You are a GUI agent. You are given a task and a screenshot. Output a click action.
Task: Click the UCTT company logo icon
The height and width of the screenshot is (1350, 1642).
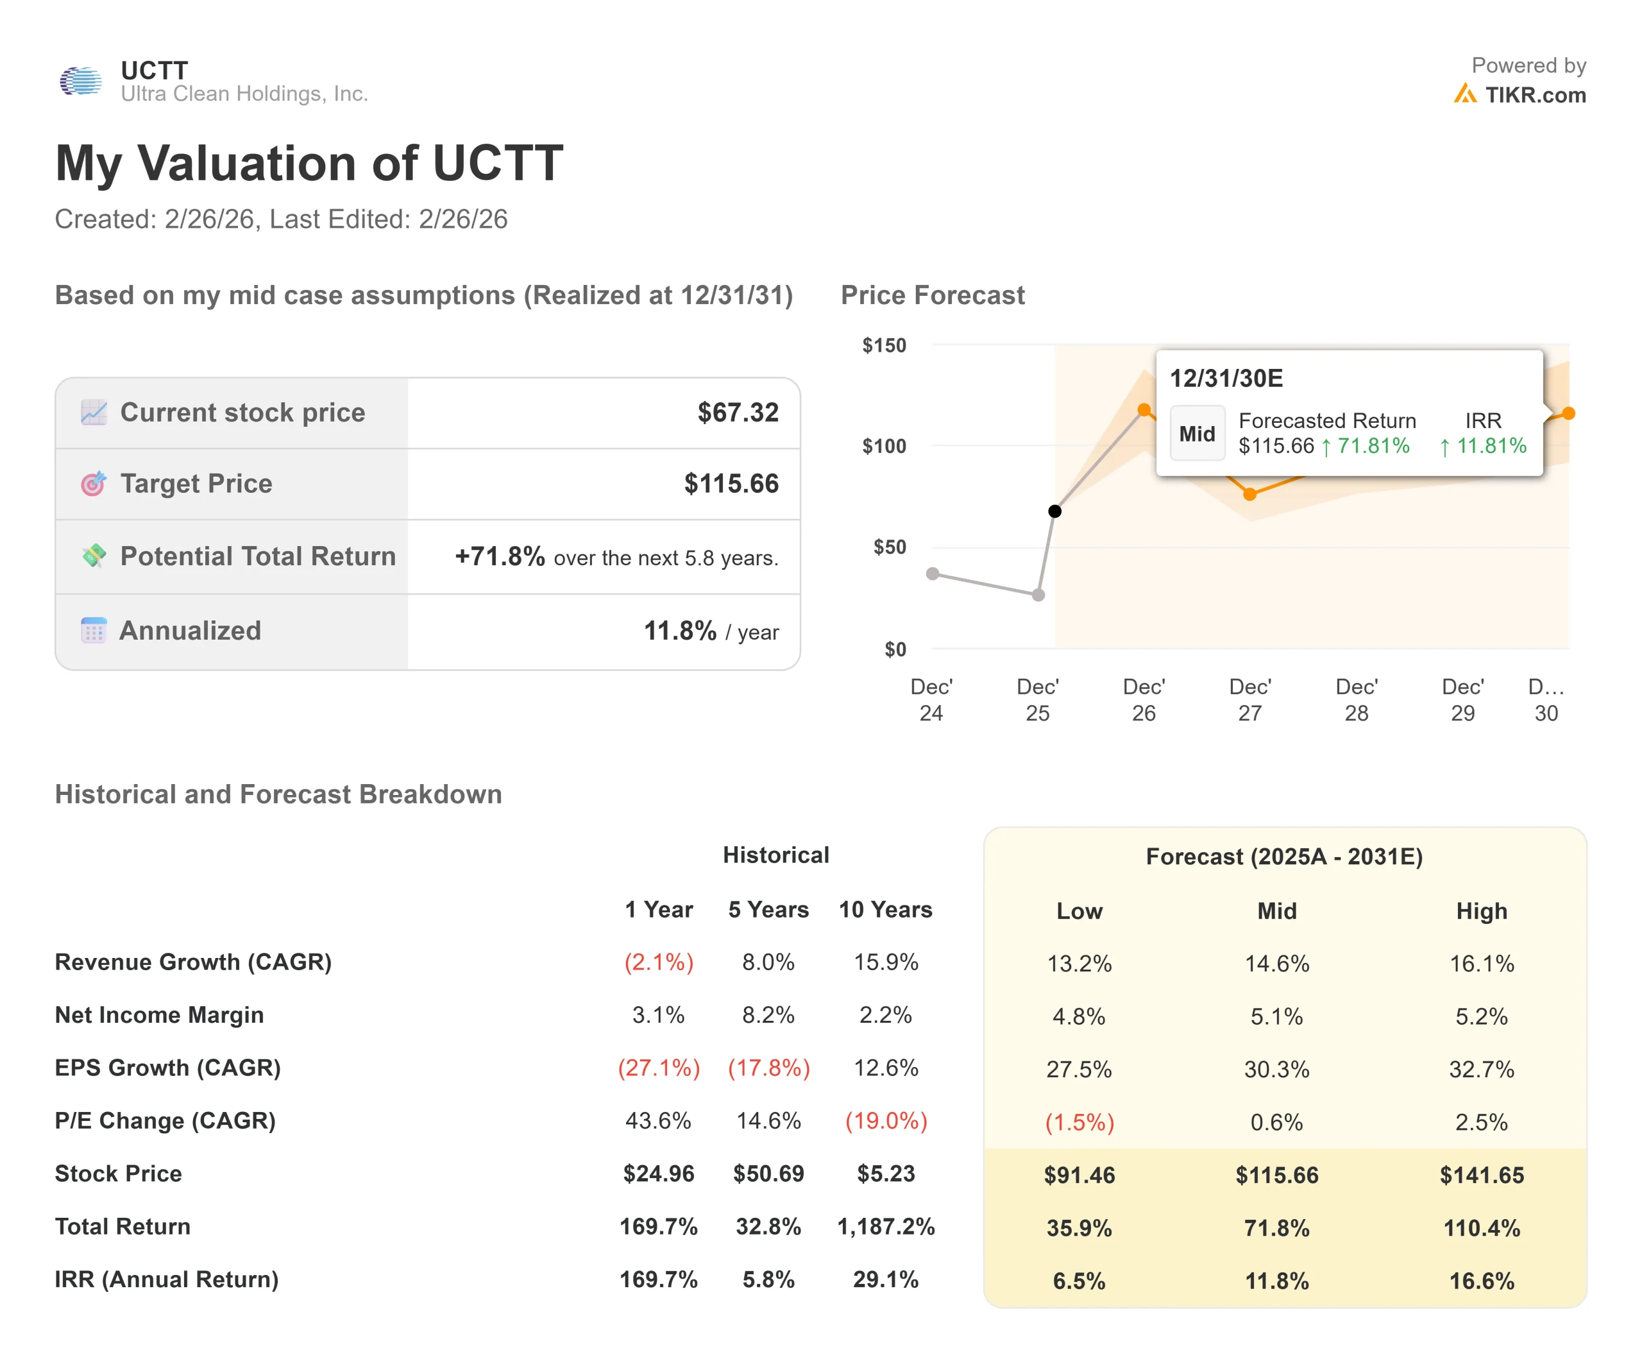[81, 81]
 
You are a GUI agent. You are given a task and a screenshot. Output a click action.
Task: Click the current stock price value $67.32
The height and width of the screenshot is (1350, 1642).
[737, 412]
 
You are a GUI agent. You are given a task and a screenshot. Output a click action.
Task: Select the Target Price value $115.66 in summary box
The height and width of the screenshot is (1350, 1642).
[730, 484]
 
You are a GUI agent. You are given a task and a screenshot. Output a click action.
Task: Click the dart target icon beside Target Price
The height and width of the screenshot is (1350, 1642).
[93, 484]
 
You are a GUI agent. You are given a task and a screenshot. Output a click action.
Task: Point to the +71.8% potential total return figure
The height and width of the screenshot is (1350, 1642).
[499, 556]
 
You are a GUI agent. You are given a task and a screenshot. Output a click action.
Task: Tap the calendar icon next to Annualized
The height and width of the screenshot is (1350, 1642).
[93, 630]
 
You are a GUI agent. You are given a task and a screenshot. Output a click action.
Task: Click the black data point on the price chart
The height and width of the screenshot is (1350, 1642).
[1054, 511]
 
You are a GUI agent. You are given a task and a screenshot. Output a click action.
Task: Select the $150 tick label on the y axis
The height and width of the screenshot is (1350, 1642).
[883, 345]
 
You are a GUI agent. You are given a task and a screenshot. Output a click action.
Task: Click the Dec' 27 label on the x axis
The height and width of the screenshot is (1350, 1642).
[1249, 699]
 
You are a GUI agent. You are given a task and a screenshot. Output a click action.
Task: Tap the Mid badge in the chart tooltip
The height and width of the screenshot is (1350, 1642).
[1196, 434]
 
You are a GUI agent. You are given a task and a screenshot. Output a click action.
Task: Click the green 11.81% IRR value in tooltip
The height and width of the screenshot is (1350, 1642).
[1491, 445]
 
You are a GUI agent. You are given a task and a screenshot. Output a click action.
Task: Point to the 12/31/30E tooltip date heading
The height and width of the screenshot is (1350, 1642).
[1226, 379]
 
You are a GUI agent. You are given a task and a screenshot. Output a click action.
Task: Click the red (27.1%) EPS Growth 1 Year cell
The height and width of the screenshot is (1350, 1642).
[659, 1068]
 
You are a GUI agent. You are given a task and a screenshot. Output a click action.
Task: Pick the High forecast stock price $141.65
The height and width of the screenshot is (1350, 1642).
[1481, 1174]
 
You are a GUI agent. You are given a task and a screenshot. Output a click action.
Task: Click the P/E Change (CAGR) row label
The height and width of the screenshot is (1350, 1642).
[165, 1120]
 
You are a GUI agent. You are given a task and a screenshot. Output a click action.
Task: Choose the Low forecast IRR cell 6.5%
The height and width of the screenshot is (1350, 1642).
[1078, 1281]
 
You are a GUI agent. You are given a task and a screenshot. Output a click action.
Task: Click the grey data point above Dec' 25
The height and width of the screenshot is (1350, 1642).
[1038, 595]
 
